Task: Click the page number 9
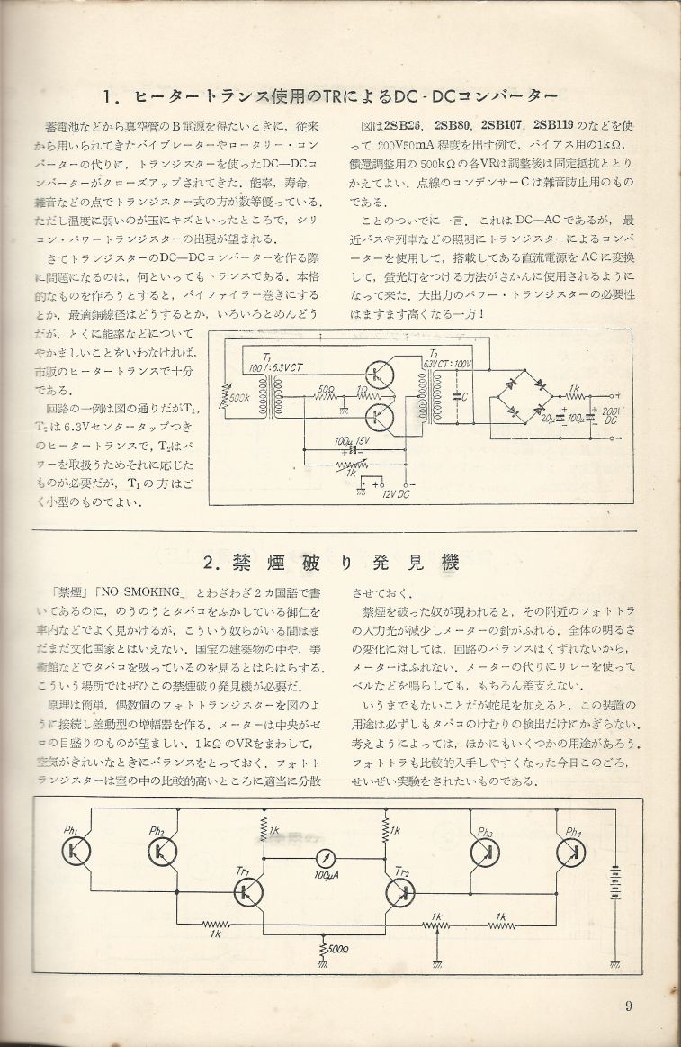(x=630, y=1006)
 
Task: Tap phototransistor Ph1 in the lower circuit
(x=78, y=850)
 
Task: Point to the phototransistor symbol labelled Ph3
(x=486, y=850)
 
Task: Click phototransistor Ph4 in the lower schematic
(x=570, y=850)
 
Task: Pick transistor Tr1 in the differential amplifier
(x=246, y=891)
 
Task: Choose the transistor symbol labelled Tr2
(x=400, y=891)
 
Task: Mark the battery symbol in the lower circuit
(x=616, y=873)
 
